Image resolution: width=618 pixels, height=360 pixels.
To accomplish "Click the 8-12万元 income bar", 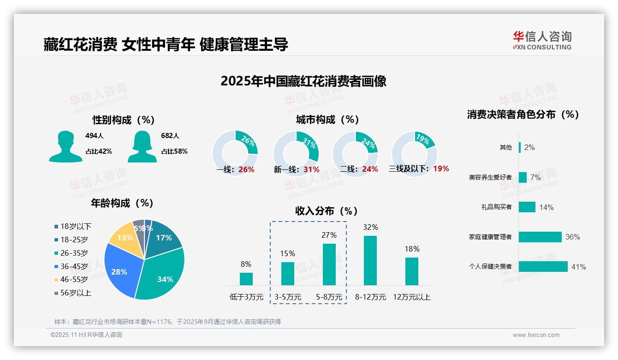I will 370,260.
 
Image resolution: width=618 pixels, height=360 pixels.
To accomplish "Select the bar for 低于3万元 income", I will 246,279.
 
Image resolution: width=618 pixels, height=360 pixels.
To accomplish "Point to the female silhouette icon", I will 143,147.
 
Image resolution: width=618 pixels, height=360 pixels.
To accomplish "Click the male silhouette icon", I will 65,147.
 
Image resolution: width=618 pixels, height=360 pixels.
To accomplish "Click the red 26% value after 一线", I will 246,169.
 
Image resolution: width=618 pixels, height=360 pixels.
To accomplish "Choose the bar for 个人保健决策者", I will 543,266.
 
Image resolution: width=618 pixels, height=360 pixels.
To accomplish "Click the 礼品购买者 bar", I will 527,207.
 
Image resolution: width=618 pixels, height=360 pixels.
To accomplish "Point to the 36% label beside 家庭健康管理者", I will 572,237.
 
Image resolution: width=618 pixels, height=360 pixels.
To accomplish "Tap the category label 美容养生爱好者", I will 490,177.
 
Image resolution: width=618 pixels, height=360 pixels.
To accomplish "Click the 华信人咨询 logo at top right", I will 542,40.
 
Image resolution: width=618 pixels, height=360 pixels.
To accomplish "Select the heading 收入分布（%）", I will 327,211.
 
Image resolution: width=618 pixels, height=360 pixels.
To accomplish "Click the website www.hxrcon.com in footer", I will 536,335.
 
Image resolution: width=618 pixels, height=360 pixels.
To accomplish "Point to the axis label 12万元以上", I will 411,297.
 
